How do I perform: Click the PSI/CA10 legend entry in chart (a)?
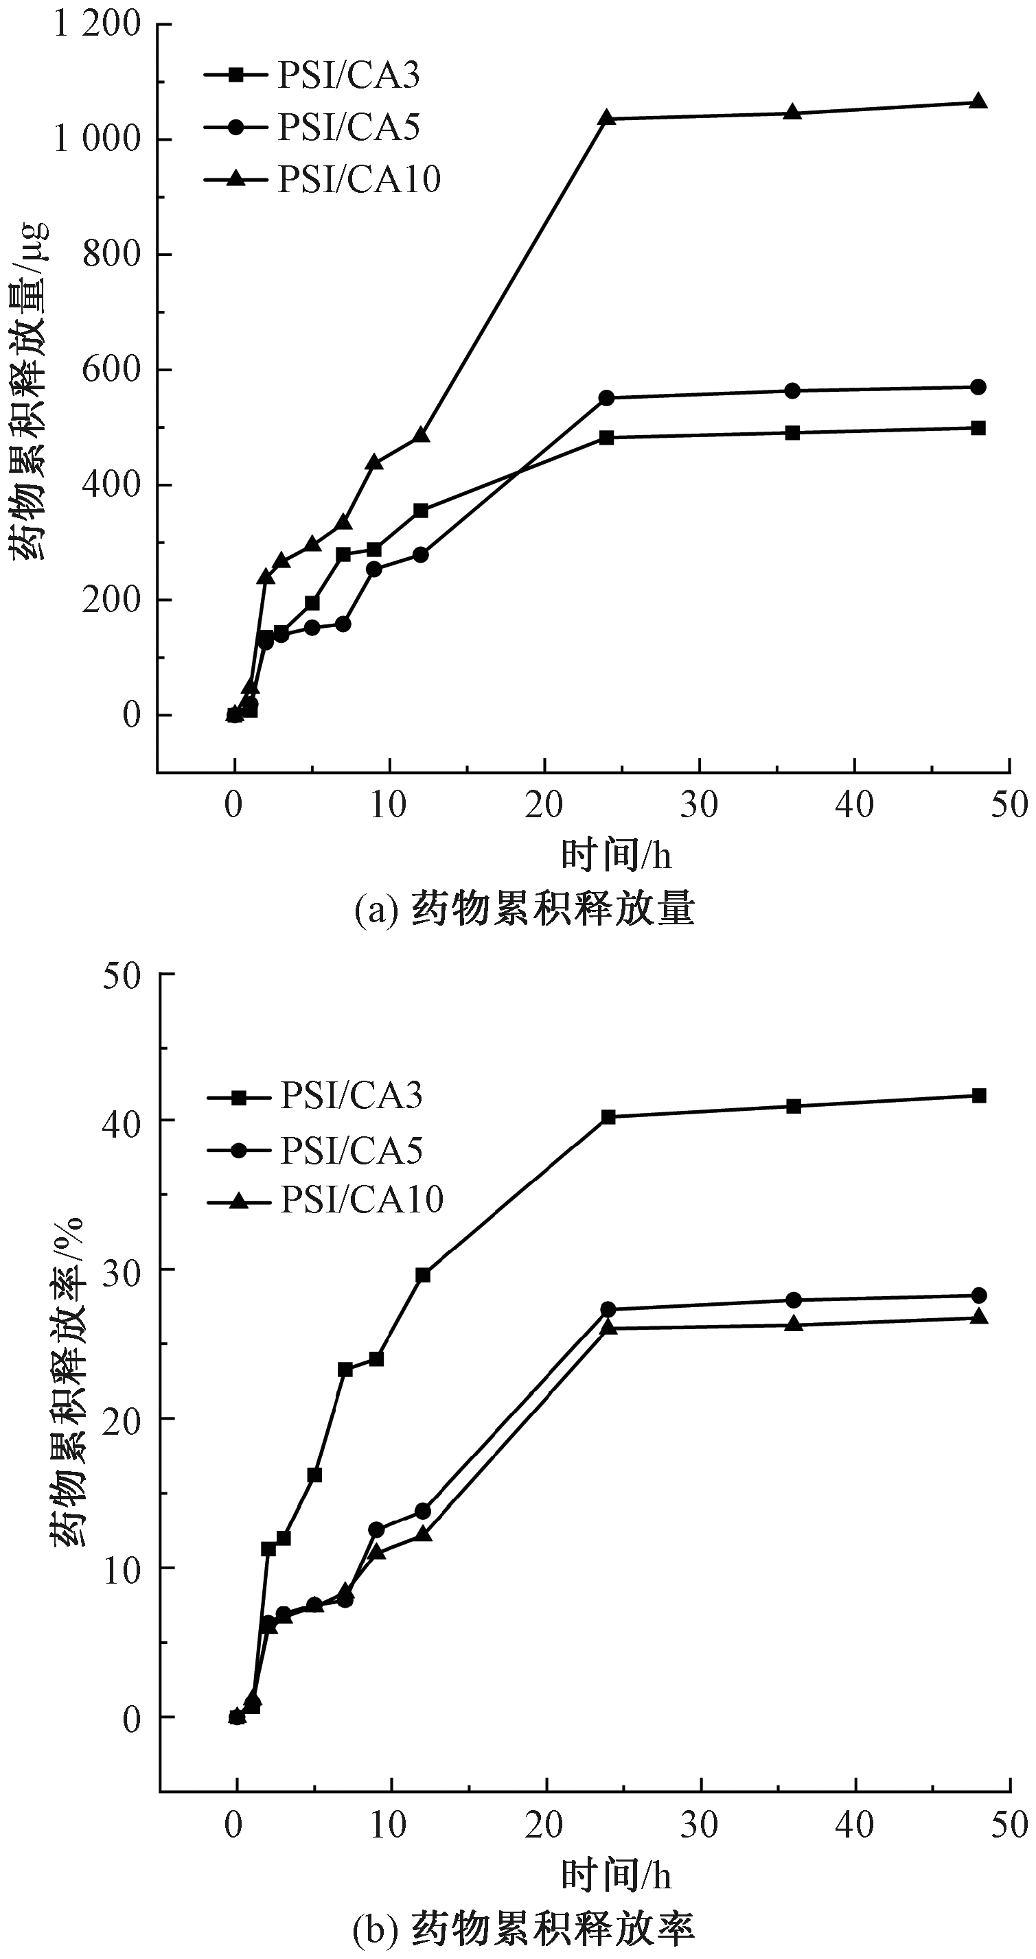(x=323, y=180)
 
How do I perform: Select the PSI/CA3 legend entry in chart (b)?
(x=314, y=1096)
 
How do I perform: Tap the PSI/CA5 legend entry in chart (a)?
(x=312, y=127)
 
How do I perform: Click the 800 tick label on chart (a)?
(x=112, y=254)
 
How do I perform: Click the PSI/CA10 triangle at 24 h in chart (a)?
(x=606, y=118)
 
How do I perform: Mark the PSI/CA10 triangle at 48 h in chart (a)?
(x=979, y=101)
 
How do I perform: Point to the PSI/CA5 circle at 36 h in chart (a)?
(x=792, y=390)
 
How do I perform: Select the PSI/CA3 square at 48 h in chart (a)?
(x=979, y=428)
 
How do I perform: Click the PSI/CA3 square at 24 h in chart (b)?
(x=608, y=1116)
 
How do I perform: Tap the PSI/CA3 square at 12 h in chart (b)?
(x=423, y=1276)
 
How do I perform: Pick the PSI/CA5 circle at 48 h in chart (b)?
(x=980, y=1295)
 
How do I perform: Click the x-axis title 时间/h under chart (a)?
(x=616, y=856)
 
